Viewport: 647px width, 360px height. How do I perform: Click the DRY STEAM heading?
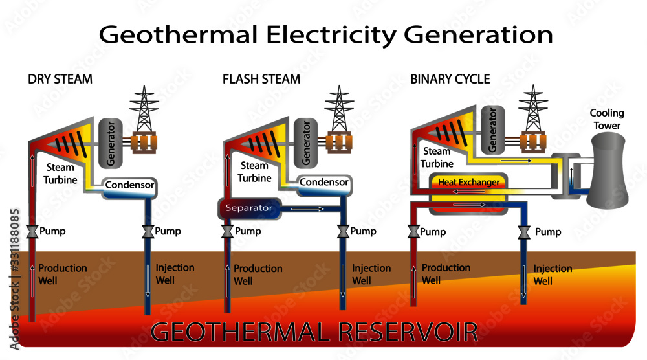tap(60, 80)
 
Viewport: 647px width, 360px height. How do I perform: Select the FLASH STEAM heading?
tap(261, 80)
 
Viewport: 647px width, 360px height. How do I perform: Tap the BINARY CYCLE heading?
tap(450, 80)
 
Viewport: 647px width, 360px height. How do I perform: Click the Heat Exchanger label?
tap(469, 183)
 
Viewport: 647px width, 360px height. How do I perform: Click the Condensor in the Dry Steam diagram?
tap(129, 186)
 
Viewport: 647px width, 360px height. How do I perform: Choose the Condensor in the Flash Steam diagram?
tap(324, 183)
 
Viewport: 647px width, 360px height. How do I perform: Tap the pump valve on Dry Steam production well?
tap(30, 232)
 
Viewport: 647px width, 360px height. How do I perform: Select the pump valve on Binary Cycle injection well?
tap(525, 232)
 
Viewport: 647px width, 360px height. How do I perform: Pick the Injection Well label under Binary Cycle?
tap(553, 275)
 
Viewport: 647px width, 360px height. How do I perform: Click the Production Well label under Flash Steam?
tap(258, 275)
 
